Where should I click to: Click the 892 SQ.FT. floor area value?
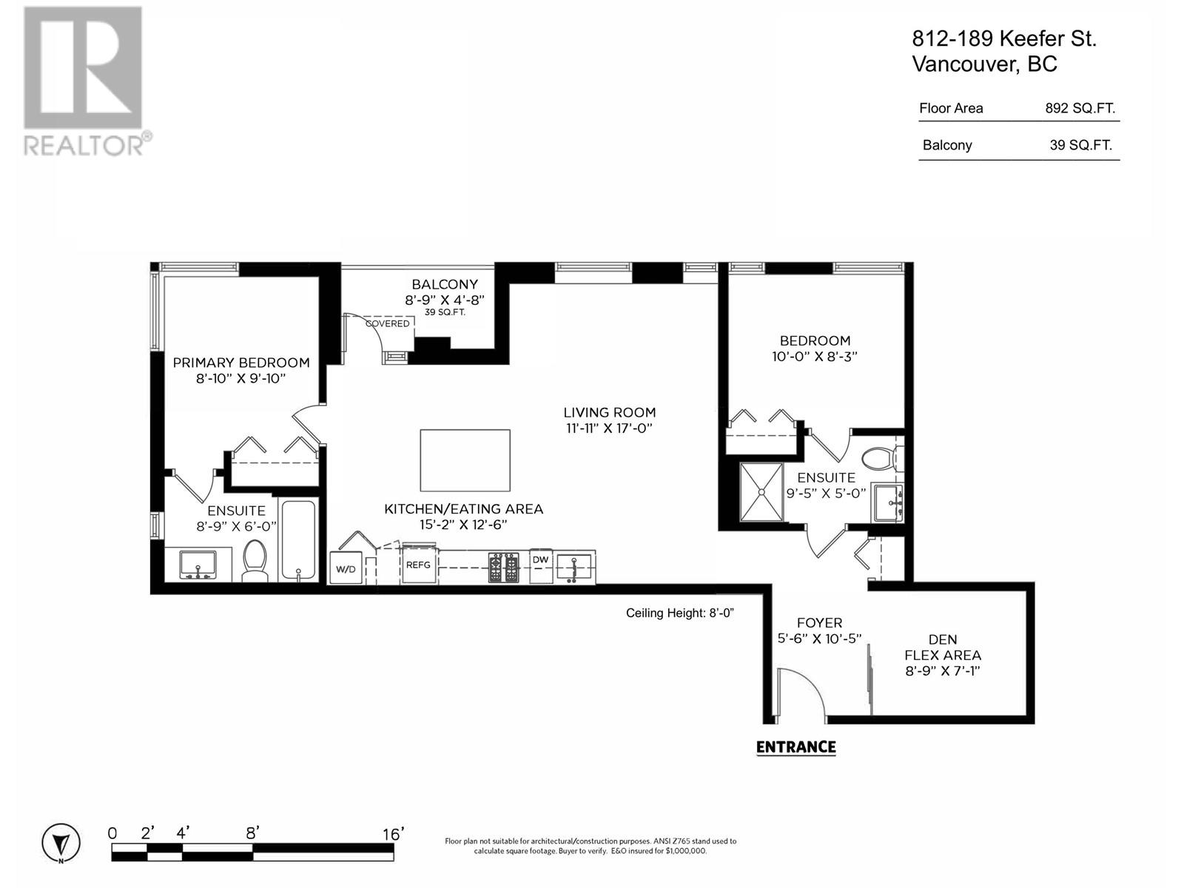pos(1080,108)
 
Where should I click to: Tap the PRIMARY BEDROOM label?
pos(240,363)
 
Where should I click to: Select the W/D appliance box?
pos(346,568)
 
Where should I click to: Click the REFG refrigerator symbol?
pos(419,564)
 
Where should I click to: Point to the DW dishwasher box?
pos(541,560)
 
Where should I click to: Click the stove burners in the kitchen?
pos(503,568)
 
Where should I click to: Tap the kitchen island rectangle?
pos(465,460)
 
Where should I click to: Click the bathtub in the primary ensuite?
pos(298,540)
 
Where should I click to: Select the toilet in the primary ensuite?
pos(255,560)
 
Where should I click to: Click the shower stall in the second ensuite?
pos(761,492)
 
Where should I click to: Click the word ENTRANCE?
pos(795,747)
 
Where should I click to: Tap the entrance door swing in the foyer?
pos(799,692)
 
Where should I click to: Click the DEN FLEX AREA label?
pos(942,647)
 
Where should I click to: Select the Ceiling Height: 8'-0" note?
pos(679,613)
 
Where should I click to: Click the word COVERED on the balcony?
pos(387,323)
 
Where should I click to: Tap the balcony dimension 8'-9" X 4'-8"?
pos(444,300)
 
